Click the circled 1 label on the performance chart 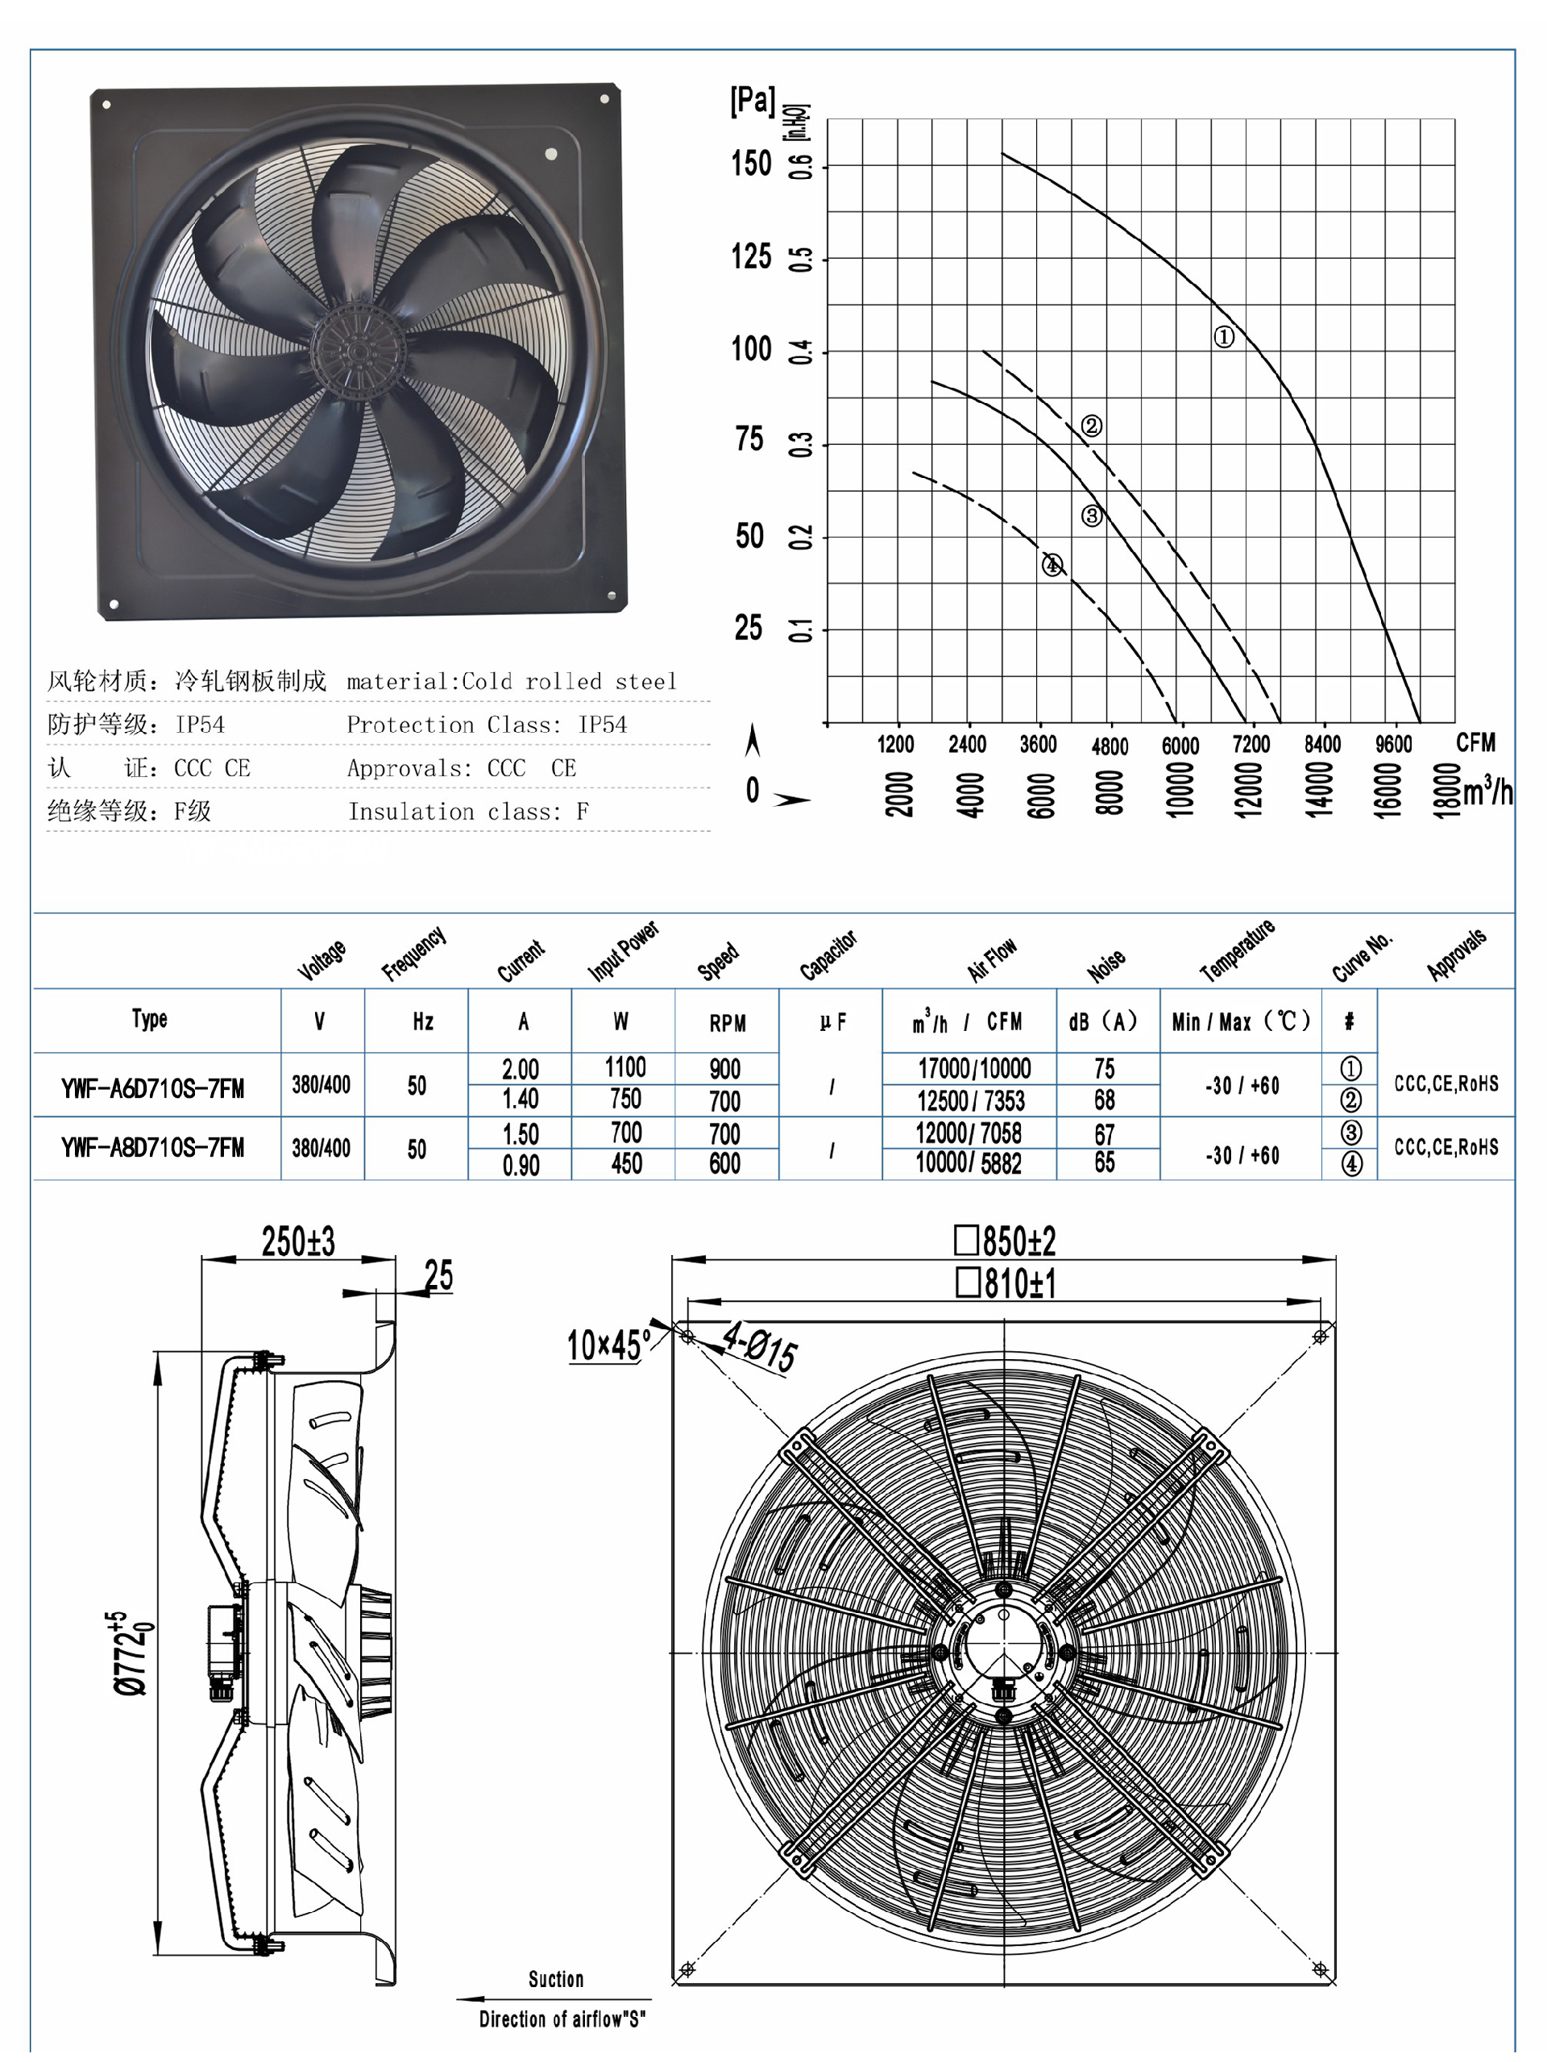(1224, 336)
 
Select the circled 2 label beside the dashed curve (1091, 426)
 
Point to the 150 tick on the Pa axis (751, 164)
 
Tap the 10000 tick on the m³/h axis (1180, 789)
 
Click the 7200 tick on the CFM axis (1250, 744)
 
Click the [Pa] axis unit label (752, 101)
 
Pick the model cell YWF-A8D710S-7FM (153, 1148)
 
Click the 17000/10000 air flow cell (974, 1068)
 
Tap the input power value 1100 (625, 1066)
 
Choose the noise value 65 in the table (1105, 1162)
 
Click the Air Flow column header (993, 959)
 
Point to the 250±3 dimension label (298, 1241)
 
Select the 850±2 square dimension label (1006, 1241)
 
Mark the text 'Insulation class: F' (468, 812)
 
